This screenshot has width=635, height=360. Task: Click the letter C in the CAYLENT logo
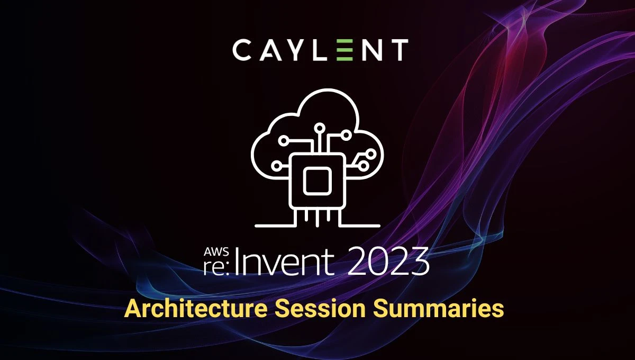(x=243, y=50)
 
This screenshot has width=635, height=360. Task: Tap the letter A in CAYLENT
(x=271, y=51)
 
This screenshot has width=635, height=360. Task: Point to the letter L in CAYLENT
(x=322, y=50)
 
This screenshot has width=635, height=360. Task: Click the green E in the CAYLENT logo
(x=344, y=50)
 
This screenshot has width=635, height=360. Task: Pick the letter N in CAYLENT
(x=372, y=50)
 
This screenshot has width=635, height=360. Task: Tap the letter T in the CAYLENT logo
(x=398, y=50)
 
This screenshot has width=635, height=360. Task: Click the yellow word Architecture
(x=196, y=309)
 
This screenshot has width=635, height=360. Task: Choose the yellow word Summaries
(x=438, y=309)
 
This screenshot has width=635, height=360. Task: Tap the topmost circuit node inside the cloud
(x=320, y=128)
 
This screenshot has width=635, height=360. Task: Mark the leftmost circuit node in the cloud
(x=276, y=166)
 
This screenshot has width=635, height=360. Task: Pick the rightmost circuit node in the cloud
(x=370, y=155)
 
